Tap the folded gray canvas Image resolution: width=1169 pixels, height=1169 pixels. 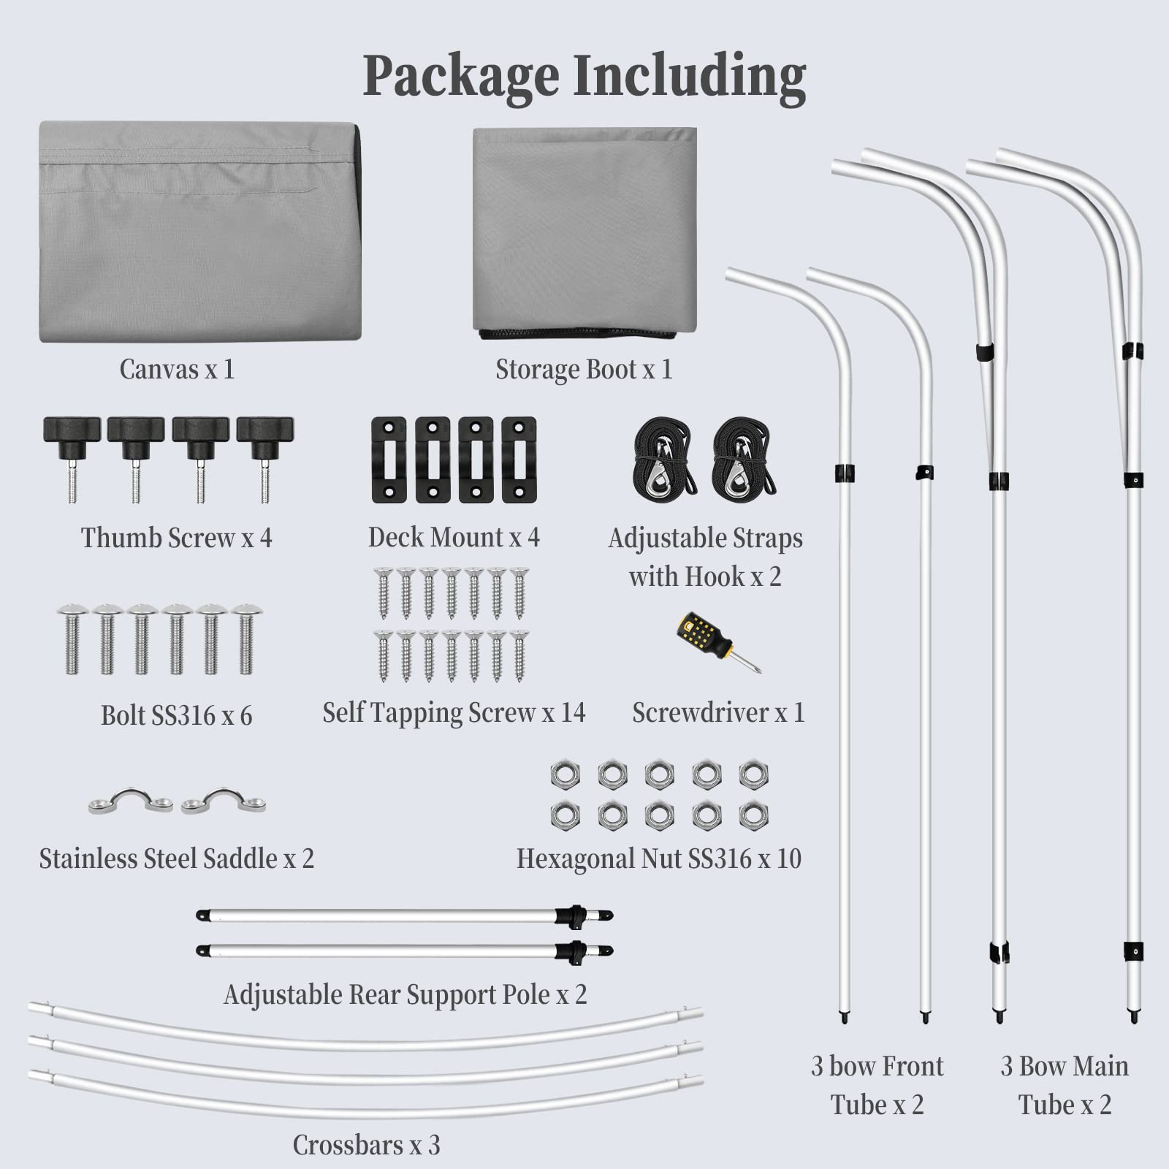(200, 232)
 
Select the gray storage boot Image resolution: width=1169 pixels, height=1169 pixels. (584, 233)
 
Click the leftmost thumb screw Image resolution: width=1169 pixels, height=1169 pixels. (72, 459)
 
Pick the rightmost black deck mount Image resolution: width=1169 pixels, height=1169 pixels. (519, 460)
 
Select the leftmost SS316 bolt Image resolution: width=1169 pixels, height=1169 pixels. (72, 639)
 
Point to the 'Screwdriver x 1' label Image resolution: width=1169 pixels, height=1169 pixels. (718, 712)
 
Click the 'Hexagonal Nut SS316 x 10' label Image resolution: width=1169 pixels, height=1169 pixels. (659, 858)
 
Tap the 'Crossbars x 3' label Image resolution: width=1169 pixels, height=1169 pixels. (367, 1145)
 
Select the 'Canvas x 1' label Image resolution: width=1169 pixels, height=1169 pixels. (177, 369)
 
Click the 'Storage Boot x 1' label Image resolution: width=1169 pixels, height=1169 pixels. (584, 370)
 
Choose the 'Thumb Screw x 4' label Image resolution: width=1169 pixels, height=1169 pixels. (176, 538)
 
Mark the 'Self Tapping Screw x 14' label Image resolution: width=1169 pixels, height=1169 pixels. (454, 713)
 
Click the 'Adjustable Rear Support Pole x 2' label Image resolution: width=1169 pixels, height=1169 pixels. (405, 995)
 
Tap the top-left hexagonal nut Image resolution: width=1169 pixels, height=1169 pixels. (565, 774)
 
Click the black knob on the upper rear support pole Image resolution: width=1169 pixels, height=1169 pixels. (571, 915)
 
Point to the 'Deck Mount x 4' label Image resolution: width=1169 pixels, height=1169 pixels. (454, 538)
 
